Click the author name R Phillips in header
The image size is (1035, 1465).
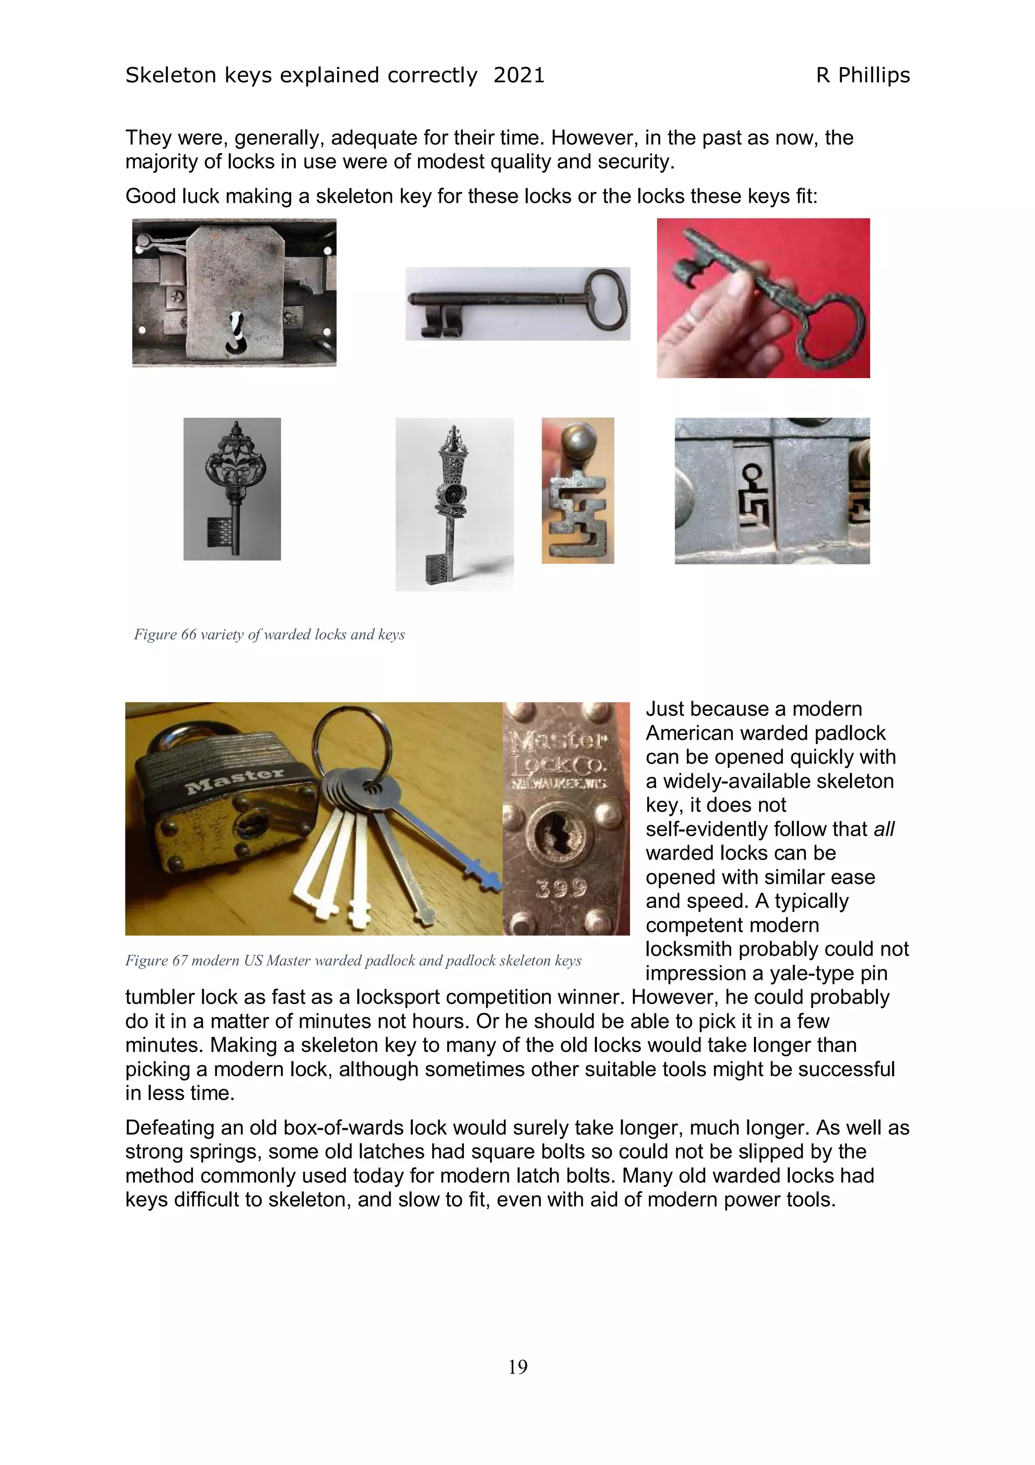[862, 75]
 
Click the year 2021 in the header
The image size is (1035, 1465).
[519, 75]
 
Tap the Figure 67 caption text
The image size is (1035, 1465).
[353, 960]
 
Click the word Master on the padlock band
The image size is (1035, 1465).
[234, 780]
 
